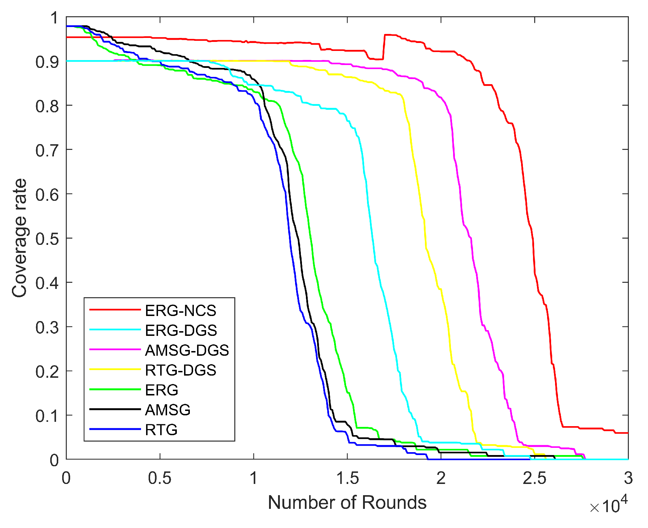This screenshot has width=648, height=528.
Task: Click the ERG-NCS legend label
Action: (x=180, y=311)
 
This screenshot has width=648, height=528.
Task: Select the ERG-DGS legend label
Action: (x=181, y=330)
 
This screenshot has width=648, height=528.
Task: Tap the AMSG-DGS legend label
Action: (x=187, y=350)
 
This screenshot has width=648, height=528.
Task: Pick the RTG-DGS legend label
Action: (x=180, y=370)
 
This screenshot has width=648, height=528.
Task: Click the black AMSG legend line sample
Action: (x=115, y=409)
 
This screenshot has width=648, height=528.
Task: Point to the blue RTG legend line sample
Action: (x=115, y=429)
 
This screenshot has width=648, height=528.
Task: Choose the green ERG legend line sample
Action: (x=115, y=389)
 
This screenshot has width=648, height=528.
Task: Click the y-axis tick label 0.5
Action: (x=47, y=239)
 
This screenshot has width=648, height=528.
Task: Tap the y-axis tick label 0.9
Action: (x=47, y=62)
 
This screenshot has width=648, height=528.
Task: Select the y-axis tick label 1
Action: (x=54, y=18)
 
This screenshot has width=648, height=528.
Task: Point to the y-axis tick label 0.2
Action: (x=47, y=372)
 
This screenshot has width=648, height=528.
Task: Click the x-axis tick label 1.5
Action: (x=347, y=478)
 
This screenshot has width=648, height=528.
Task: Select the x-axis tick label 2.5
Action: (x=534, y=478)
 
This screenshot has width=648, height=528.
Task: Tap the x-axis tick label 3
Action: (x=628, y=478)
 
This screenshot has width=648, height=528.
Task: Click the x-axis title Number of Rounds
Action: (x=347, y=502)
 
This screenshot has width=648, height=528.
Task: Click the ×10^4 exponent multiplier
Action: (x=608, y=505)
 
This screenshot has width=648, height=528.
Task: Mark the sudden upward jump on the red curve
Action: (x=384, y=47)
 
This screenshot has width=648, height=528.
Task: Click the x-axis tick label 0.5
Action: (x=159, y=478)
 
